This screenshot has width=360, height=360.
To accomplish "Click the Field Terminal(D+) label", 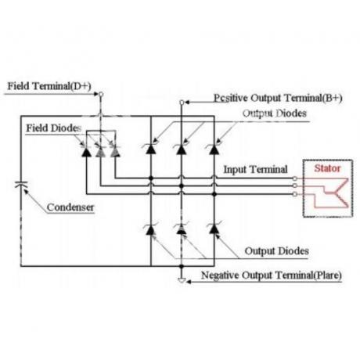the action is pyautogui.click(x=49, y=86).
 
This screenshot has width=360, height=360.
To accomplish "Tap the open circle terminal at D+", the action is pyautogui.click(x=101, y=94).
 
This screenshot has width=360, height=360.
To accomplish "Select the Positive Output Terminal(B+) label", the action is pyautogui.click(x=278, y=98).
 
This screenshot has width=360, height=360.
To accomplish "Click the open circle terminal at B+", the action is pyautogui.click(x=182, y=103).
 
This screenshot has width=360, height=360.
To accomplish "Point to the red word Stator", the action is pyautogui.click(x=327, y=168).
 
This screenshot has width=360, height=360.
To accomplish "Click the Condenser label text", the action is pyautogui.click(x=70, y=207).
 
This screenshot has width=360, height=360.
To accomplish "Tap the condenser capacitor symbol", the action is pyautogui.click(x=21, y=184).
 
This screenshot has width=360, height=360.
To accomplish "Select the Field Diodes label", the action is pyautogui.click(x=53, y=128).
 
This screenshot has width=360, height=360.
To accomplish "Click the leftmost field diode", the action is pyautogui.click(x=87, y=152).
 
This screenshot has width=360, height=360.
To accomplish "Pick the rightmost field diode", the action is pyautogui.click(x=115, y=152).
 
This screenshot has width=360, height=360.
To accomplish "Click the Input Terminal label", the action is pyautogui.click(x=255, y=170).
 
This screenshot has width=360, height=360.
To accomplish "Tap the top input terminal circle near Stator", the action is pyautogui.click(x=295, y=178).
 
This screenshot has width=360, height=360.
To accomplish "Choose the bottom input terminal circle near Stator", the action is pyautogui.click(x=295, y=194).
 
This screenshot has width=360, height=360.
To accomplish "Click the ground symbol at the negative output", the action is pyautogui.click(x=182, y=280).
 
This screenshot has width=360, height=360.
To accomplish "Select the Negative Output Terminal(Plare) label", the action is pyautogui.click(x=272, y=275).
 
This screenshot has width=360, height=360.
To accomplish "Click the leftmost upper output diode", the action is pyautogui.click(x=150, y=149).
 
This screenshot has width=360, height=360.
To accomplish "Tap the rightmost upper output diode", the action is pyautogui.click(x=214, y=149).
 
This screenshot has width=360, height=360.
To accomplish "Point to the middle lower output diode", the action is pyautogui.click(x=182, y=229).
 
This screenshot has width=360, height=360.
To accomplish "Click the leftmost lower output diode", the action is pyautogui.click(x=150, y=229).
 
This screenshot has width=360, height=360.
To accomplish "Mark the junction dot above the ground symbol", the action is pyautogui.click(x=182, y=266).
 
